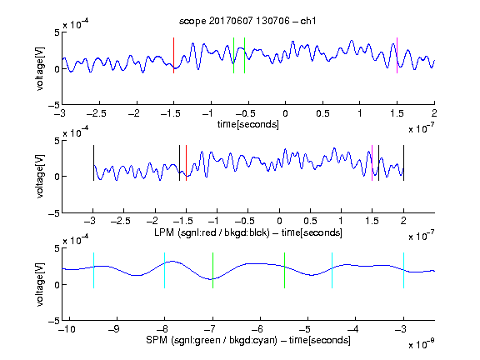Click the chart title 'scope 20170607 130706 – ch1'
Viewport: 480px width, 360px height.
(x=247, y=21)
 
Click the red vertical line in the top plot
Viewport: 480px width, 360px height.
(x=173, y=55)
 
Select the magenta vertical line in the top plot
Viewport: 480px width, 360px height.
(x=397, y=55)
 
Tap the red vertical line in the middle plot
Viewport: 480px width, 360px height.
(x=186, y=162)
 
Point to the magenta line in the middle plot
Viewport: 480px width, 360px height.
(x=372, y=162)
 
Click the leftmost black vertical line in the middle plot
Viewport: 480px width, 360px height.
(x=93, y=162)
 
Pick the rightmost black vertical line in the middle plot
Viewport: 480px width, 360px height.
(x=403, y=162)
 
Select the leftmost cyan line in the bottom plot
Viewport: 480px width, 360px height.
(x=93, y=270)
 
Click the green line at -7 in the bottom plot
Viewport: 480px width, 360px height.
(x=212, y=270)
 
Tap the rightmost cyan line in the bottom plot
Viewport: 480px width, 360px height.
(x=403, y=270)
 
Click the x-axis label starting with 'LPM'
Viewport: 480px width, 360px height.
(x=248, y=232)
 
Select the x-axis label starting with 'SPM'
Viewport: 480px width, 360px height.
(x=248, y=340)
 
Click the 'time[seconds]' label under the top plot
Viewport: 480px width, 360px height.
(x=248, y=124)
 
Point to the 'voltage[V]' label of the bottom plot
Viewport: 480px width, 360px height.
(x=40, y=285)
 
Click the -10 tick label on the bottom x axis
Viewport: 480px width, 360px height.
(x=67, y=329)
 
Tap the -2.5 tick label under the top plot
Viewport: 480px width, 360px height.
(x=97, y=113)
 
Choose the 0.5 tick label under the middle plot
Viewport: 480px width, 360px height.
(x=310, y=221)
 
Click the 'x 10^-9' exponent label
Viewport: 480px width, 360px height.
(x=421, y=344)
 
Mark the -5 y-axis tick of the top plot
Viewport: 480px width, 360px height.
(x=54, y=105)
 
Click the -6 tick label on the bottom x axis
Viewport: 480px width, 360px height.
(x=260, y=329)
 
